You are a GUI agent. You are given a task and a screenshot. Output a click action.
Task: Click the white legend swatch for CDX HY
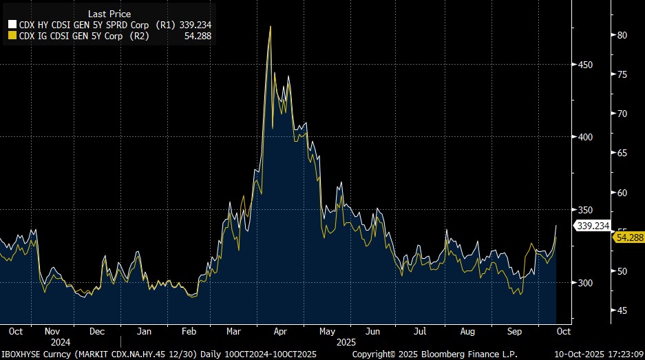[10, 23]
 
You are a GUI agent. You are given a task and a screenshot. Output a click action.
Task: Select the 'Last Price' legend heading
[109, 14]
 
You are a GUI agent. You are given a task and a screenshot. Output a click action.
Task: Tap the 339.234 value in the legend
[195, 24]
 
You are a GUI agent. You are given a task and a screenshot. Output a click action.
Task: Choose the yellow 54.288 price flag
[628, 237]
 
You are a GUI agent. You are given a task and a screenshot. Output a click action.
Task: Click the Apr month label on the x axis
[279, 331]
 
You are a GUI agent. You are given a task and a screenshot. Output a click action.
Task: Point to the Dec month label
[97, 331]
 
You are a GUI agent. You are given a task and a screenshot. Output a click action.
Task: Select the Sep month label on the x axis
[515, 331]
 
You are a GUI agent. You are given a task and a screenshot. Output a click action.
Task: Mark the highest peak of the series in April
[270, 27]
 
